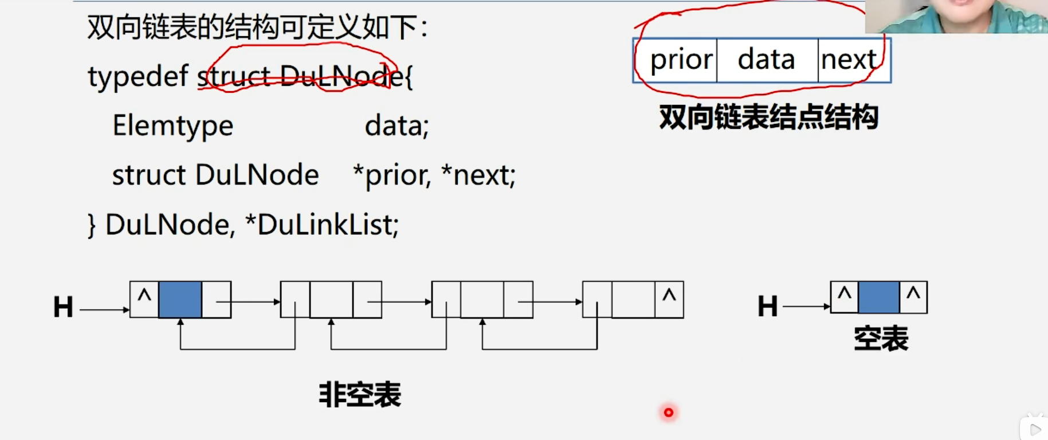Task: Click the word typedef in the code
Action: click(x=138, y=77)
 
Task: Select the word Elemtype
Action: click(x=172, y=126)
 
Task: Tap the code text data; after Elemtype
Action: click(x=397, y=126)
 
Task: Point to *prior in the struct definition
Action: click(x=391, y=175)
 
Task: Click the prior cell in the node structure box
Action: click(x=681, y=60)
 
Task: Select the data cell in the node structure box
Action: click(x=766, y=60)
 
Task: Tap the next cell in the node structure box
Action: click(x=849, y=60)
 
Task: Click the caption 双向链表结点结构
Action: click(x=768, y=117)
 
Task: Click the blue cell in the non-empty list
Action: click(x=180, y=300)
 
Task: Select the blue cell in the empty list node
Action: click(x=879, y=297)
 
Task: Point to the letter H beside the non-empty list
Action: click(x=63, y=307)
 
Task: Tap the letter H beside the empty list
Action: click(x=767, y=306)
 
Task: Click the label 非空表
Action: click(x=360, y=395)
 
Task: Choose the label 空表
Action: click(x=881, y=339)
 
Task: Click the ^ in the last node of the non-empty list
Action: click(x=669, y=297)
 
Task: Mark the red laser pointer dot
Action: click(x=668, y=412)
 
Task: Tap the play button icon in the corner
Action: click(x=1035, y=429)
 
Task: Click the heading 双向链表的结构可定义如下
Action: click(x=257, y=27)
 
